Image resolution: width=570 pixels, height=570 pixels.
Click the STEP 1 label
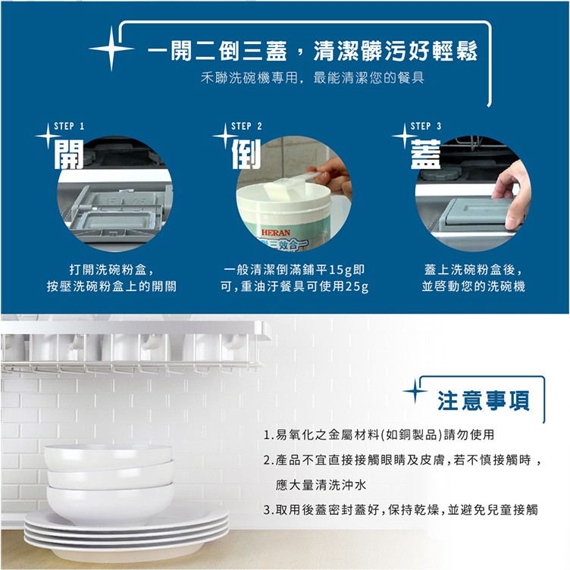tap(69, 126)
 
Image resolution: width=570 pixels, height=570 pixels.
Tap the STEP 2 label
tap(246, 126)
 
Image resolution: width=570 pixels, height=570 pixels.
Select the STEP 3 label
tap(426, 126)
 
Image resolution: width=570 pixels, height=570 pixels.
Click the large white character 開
tap(69, 154)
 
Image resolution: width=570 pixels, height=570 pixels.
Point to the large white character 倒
tap(246, 154)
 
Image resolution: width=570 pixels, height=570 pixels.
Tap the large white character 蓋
tap(426, 154)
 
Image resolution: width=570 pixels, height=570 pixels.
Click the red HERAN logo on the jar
tap(276, 232)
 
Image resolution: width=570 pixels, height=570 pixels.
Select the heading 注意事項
tap(483, 400)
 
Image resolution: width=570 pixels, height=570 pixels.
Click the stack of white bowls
tap(110, 484)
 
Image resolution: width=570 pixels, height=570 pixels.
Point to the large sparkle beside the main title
tap(111, 49)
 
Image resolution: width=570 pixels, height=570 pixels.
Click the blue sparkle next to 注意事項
tap(415, 391)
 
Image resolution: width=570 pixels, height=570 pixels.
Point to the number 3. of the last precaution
tap(268, 510)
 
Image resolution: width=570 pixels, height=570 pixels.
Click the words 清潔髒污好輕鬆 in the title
tap(396, 51)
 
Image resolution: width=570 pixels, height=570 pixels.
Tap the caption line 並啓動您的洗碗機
tap(473, 287)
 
